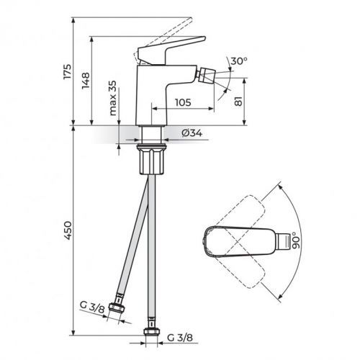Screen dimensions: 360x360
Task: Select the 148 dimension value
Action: pos(86,81)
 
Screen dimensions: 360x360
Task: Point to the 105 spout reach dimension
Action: pos(182,103)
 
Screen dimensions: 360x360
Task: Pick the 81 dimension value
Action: pos(239,102)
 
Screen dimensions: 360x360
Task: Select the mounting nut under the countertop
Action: pos(153,159)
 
